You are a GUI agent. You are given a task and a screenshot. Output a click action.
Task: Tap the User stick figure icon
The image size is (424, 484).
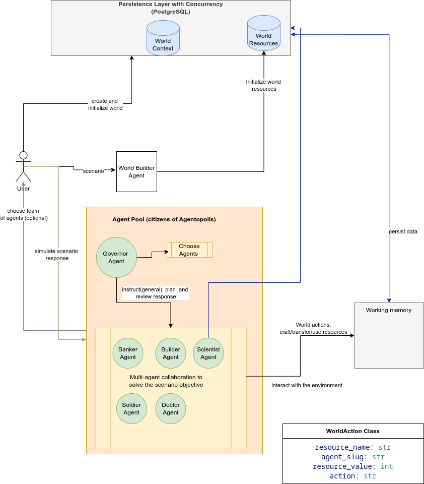click(23, 167)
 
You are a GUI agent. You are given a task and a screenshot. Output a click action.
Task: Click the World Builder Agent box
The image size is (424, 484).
click(136, 171)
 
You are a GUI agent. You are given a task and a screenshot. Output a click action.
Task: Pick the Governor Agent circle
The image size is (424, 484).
click(116, 257)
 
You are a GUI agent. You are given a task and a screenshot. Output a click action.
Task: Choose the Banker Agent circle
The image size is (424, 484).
click(128, 353)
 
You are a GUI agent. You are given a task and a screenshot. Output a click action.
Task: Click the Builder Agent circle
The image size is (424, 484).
click(171, 353)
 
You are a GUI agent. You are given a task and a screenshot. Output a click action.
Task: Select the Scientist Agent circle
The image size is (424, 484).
click(208, 353)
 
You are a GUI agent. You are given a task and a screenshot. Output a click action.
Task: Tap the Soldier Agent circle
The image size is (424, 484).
click(131, 408)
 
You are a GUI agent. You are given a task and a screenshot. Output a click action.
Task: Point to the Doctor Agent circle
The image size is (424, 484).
click(171, 408)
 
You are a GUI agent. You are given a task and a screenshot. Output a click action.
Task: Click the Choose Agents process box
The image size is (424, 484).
click(189, 250)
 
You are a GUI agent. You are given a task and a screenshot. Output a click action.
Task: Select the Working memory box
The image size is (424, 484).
click(389, 335)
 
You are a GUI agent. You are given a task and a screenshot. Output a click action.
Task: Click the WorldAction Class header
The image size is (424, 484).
click(353, 431)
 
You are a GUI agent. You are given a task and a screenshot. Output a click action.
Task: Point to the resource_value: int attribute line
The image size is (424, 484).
click(353, 466)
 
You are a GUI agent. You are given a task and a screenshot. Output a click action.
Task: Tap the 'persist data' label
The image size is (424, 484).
click(403, 232)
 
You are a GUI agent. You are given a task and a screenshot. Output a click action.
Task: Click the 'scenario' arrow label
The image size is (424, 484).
click(93, 171)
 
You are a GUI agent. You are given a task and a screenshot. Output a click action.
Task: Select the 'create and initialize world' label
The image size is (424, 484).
click(105, 104)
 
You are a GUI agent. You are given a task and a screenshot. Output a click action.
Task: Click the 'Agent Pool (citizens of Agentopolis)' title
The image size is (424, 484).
click(164, 219)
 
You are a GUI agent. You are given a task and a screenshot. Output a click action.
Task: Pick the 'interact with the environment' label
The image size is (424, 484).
click(307, 385)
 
